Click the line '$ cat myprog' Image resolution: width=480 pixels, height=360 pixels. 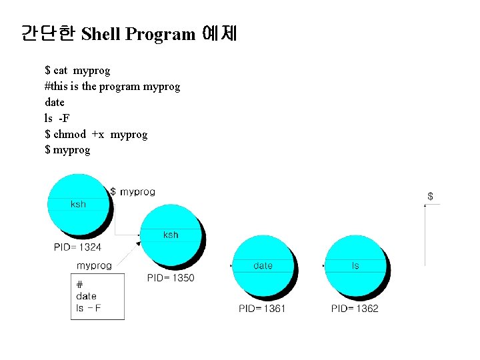(x=77, y=70)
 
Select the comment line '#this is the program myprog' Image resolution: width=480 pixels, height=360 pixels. (x=112, y=86)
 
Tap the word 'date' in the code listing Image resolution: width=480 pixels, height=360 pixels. (x=55, y=102)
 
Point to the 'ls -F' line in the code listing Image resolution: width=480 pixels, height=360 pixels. (x=57, y=118)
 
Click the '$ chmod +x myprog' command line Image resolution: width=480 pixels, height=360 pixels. (x=96, y=134)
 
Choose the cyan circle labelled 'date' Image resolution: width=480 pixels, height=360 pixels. (x=263, y=267)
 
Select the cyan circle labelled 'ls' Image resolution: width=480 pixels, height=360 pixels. (x=355, y=267)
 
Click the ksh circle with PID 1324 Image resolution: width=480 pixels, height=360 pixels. (x=79, y=205)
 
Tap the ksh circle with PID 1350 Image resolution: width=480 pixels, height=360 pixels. (x=171, y=235)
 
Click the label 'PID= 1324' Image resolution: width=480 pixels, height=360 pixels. (x=77, y=247)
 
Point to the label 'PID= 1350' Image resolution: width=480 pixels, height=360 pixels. (x=171, y=277)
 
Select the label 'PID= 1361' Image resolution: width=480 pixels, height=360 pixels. (x=262, y=309)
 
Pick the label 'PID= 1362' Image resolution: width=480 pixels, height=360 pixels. (x=355, y=309)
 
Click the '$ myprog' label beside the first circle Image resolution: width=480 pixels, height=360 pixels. (x=133, y=192)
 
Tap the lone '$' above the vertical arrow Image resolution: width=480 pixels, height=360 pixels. (x=430, y=196)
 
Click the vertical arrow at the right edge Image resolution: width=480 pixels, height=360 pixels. (x=425, y=233)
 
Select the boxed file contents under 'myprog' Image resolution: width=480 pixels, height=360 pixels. (x=97, y=297)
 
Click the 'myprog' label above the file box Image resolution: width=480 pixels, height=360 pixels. (x=94, y=265)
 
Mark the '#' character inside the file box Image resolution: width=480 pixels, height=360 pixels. (x=80, y=285)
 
